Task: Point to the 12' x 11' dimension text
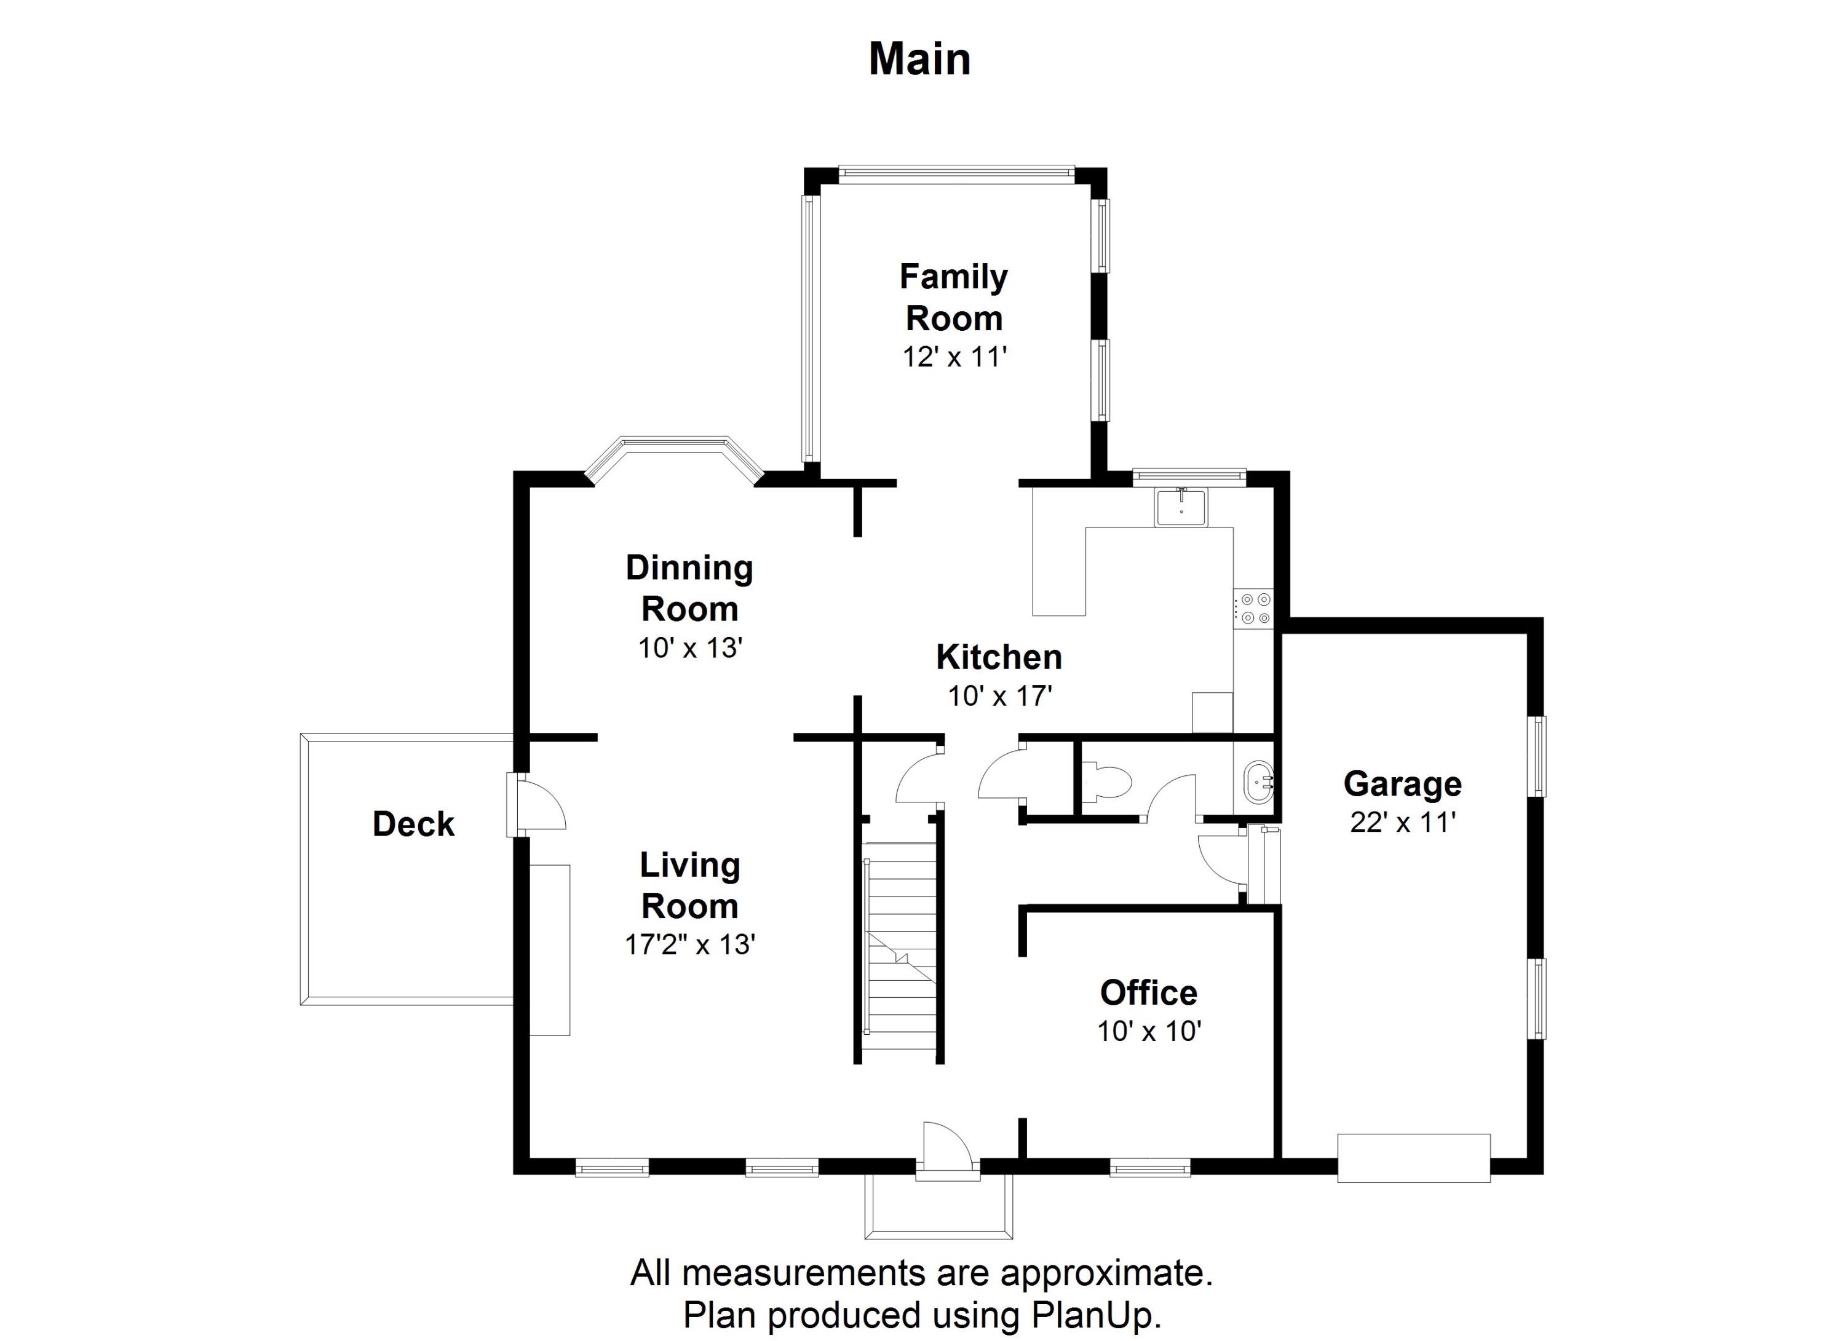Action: tap(954, 357)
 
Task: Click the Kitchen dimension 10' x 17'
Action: tap(1000, 696)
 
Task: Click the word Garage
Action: tap(1402, 784)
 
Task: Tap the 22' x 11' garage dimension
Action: tap(1402, 822)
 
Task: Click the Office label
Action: tap(1149, 993)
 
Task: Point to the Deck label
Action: tap(413, 824)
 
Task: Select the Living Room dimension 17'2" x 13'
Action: tap(690, 944)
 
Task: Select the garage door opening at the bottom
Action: tap(1414, 1157)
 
